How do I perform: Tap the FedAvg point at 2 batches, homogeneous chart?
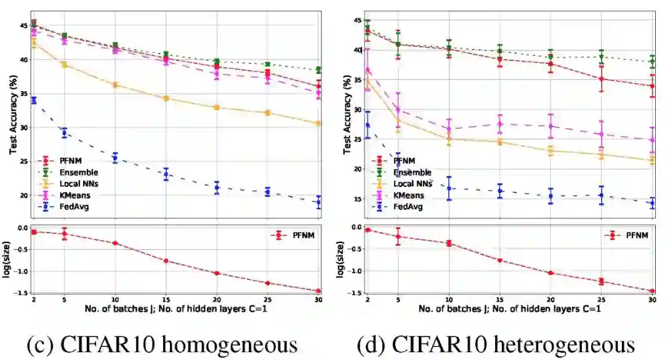pyautogui.click(x=33, y=100)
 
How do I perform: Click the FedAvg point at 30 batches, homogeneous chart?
pyautogui.click(x=319, y=202)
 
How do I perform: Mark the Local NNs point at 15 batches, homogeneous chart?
pyautogui.click(x=166, y=98)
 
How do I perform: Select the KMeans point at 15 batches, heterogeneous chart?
pyautogui.click(x=500, y=124)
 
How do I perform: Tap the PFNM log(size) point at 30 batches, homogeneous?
pyautogui.click(x=319, y=291)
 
